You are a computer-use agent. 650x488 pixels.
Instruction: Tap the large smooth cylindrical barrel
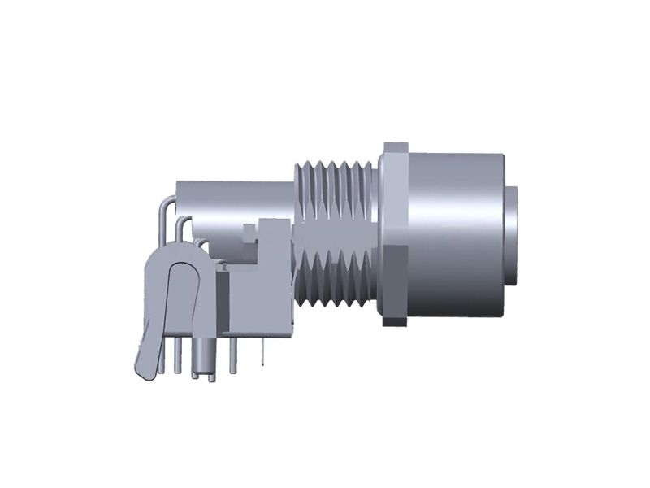[x=455, y=236]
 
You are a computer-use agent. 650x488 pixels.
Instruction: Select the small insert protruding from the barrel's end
[x=513, y=236]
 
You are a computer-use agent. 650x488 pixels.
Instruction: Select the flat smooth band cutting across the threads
[x=333, y=236]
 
